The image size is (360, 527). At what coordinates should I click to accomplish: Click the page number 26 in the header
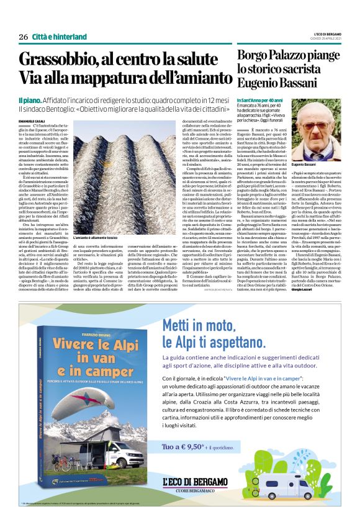24,37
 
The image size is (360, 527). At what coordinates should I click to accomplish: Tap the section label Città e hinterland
55,37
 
